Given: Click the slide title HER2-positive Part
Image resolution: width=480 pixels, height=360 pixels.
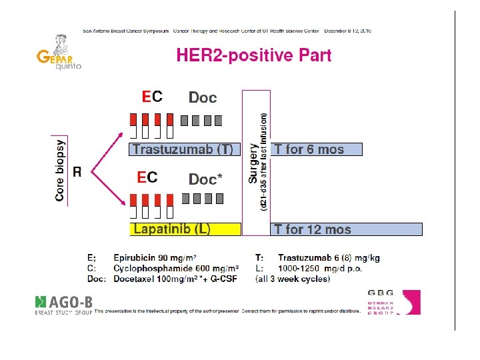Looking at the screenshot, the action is [253, 55].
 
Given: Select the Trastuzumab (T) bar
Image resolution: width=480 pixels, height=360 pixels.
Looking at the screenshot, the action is [183, 149].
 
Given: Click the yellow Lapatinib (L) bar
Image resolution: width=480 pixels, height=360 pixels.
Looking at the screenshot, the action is [184, 229].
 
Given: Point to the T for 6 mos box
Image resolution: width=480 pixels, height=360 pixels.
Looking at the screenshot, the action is [317, 149].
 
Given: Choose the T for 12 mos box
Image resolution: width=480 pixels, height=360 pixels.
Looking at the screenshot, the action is [347, 229].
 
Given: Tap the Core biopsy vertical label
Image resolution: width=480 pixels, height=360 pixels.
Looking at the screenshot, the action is [60, 170].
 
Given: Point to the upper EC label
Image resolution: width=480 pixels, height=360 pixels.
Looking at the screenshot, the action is [151, 97].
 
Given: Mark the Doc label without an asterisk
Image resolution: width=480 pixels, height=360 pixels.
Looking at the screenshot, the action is [203, 98].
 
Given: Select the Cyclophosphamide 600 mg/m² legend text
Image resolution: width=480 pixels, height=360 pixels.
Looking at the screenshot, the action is [167, 268].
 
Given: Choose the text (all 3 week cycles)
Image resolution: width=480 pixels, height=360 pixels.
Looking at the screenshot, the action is [293, 279].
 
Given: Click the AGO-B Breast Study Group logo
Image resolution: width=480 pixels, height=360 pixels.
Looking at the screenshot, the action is [63, 303].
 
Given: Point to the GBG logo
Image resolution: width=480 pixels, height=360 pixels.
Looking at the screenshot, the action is [393, 302].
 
